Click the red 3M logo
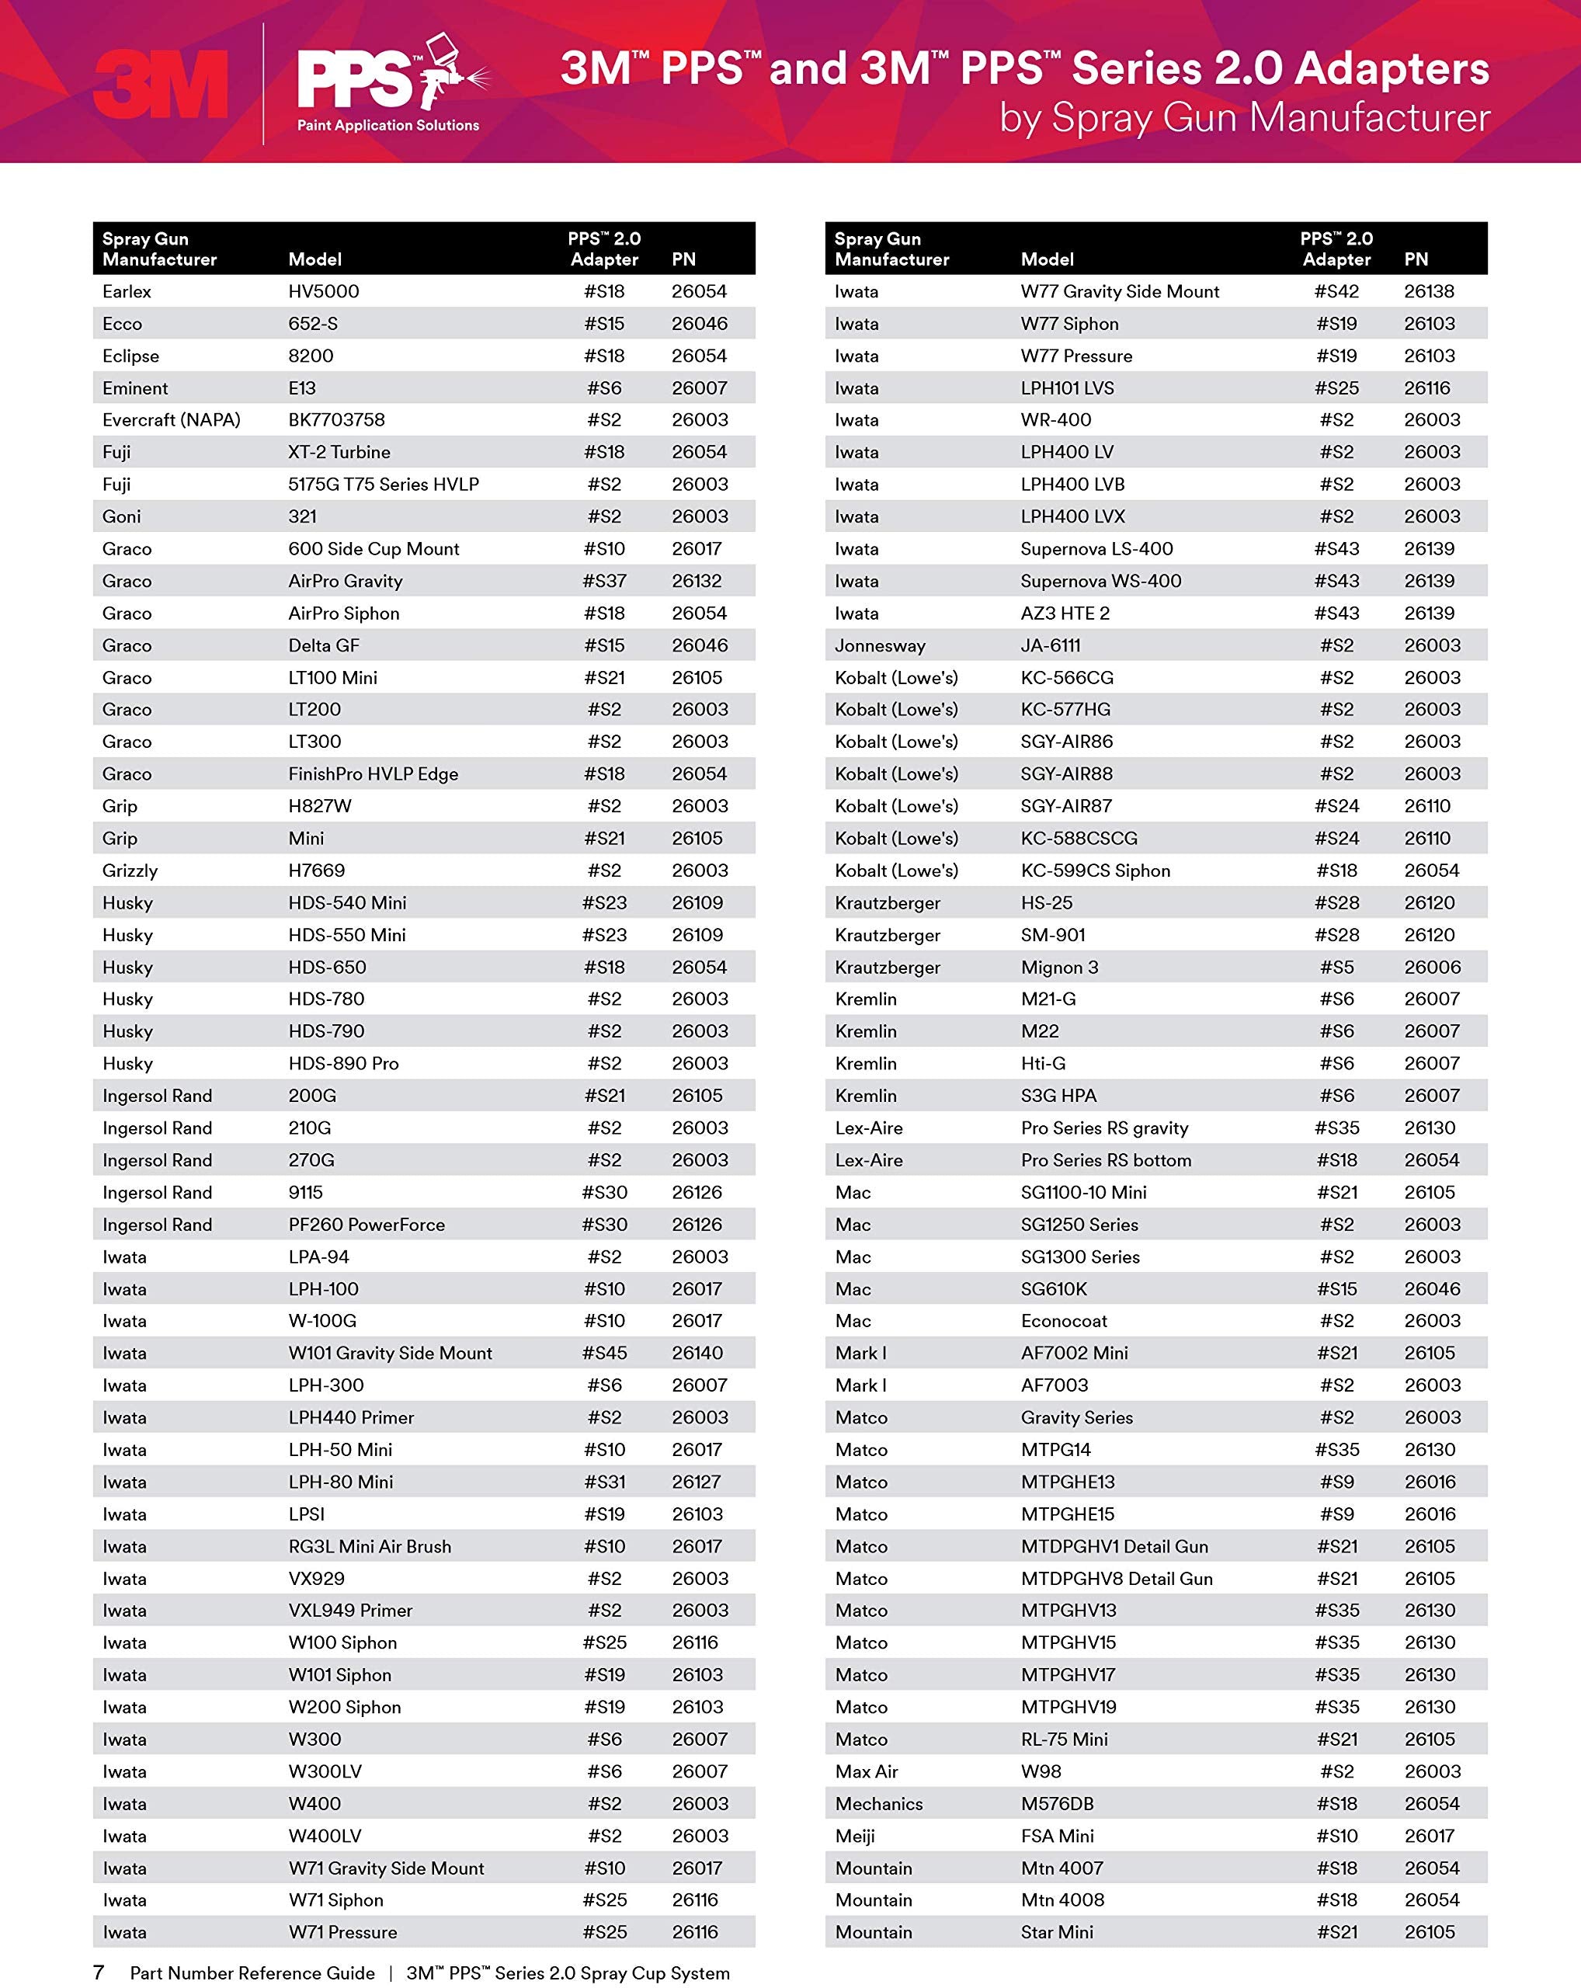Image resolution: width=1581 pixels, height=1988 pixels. coord(162,85)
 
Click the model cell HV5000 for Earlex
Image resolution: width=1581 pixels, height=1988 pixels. coord(324,291)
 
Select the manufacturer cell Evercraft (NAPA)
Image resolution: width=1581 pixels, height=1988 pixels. coord(172,419)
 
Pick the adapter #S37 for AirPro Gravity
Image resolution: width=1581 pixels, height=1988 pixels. coord(604,581)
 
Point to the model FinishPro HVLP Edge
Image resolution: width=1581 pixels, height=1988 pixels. coord(373,773)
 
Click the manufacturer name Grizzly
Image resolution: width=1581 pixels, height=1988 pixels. coord(130,871)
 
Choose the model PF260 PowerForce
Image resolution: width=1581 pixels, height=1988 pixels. coord(366,1225)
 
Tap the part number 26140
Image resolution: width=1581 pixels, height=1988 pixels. coord(697,1353)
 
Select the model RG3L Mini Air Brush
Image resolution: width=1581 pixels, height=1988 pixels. coord(370,1546)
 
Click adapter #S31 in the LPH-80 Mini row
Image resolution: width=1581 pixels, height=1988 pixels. coord(604,1482)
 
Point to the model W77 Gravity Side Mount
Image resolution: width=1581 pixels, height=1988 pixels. coord(1119,291)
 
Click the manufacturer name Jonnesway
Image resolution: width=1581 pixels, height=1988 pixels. coord(880,645)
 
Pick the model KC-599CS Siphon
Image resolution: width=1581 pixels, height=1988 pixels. coord(1095,871)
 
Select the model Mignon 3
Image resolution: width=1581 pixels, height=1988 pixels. coord(1059,968)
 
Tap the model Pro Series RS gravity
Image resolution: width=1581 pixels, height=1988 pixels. coord(1104,1128)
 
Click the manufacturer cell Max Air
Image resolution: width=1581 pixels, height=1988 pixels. coord(866,1771)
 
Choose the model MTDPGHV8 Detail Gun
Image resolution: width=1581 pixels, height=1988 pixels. coord(1117,1579)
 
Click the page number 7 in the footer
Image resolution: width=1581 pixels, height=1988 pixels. coord(99,1972)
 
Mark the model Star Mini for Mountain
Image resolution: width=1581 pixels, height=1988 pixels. coord(1056,1932)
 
